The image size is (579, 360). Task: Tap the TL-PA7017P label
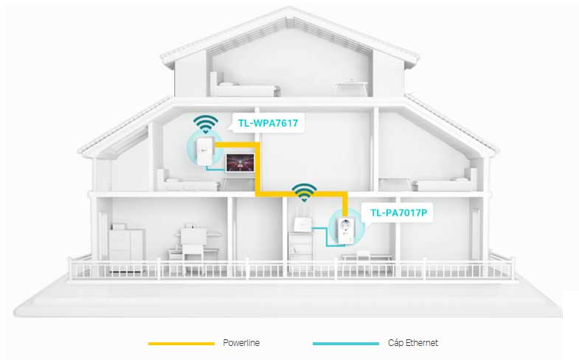[x=398, y=212]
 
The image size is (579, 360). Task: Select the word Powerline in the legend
[x=241, y=343]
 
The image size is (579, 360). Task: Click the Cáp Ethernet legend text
[x=413, y=343]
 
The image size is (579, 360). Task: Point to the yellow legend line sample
[x=181, y=344]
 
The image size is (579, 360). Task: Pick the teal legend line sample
[x=345, y=344]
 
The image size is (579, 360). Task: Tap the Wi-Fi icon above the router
[x=302, y=193]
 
